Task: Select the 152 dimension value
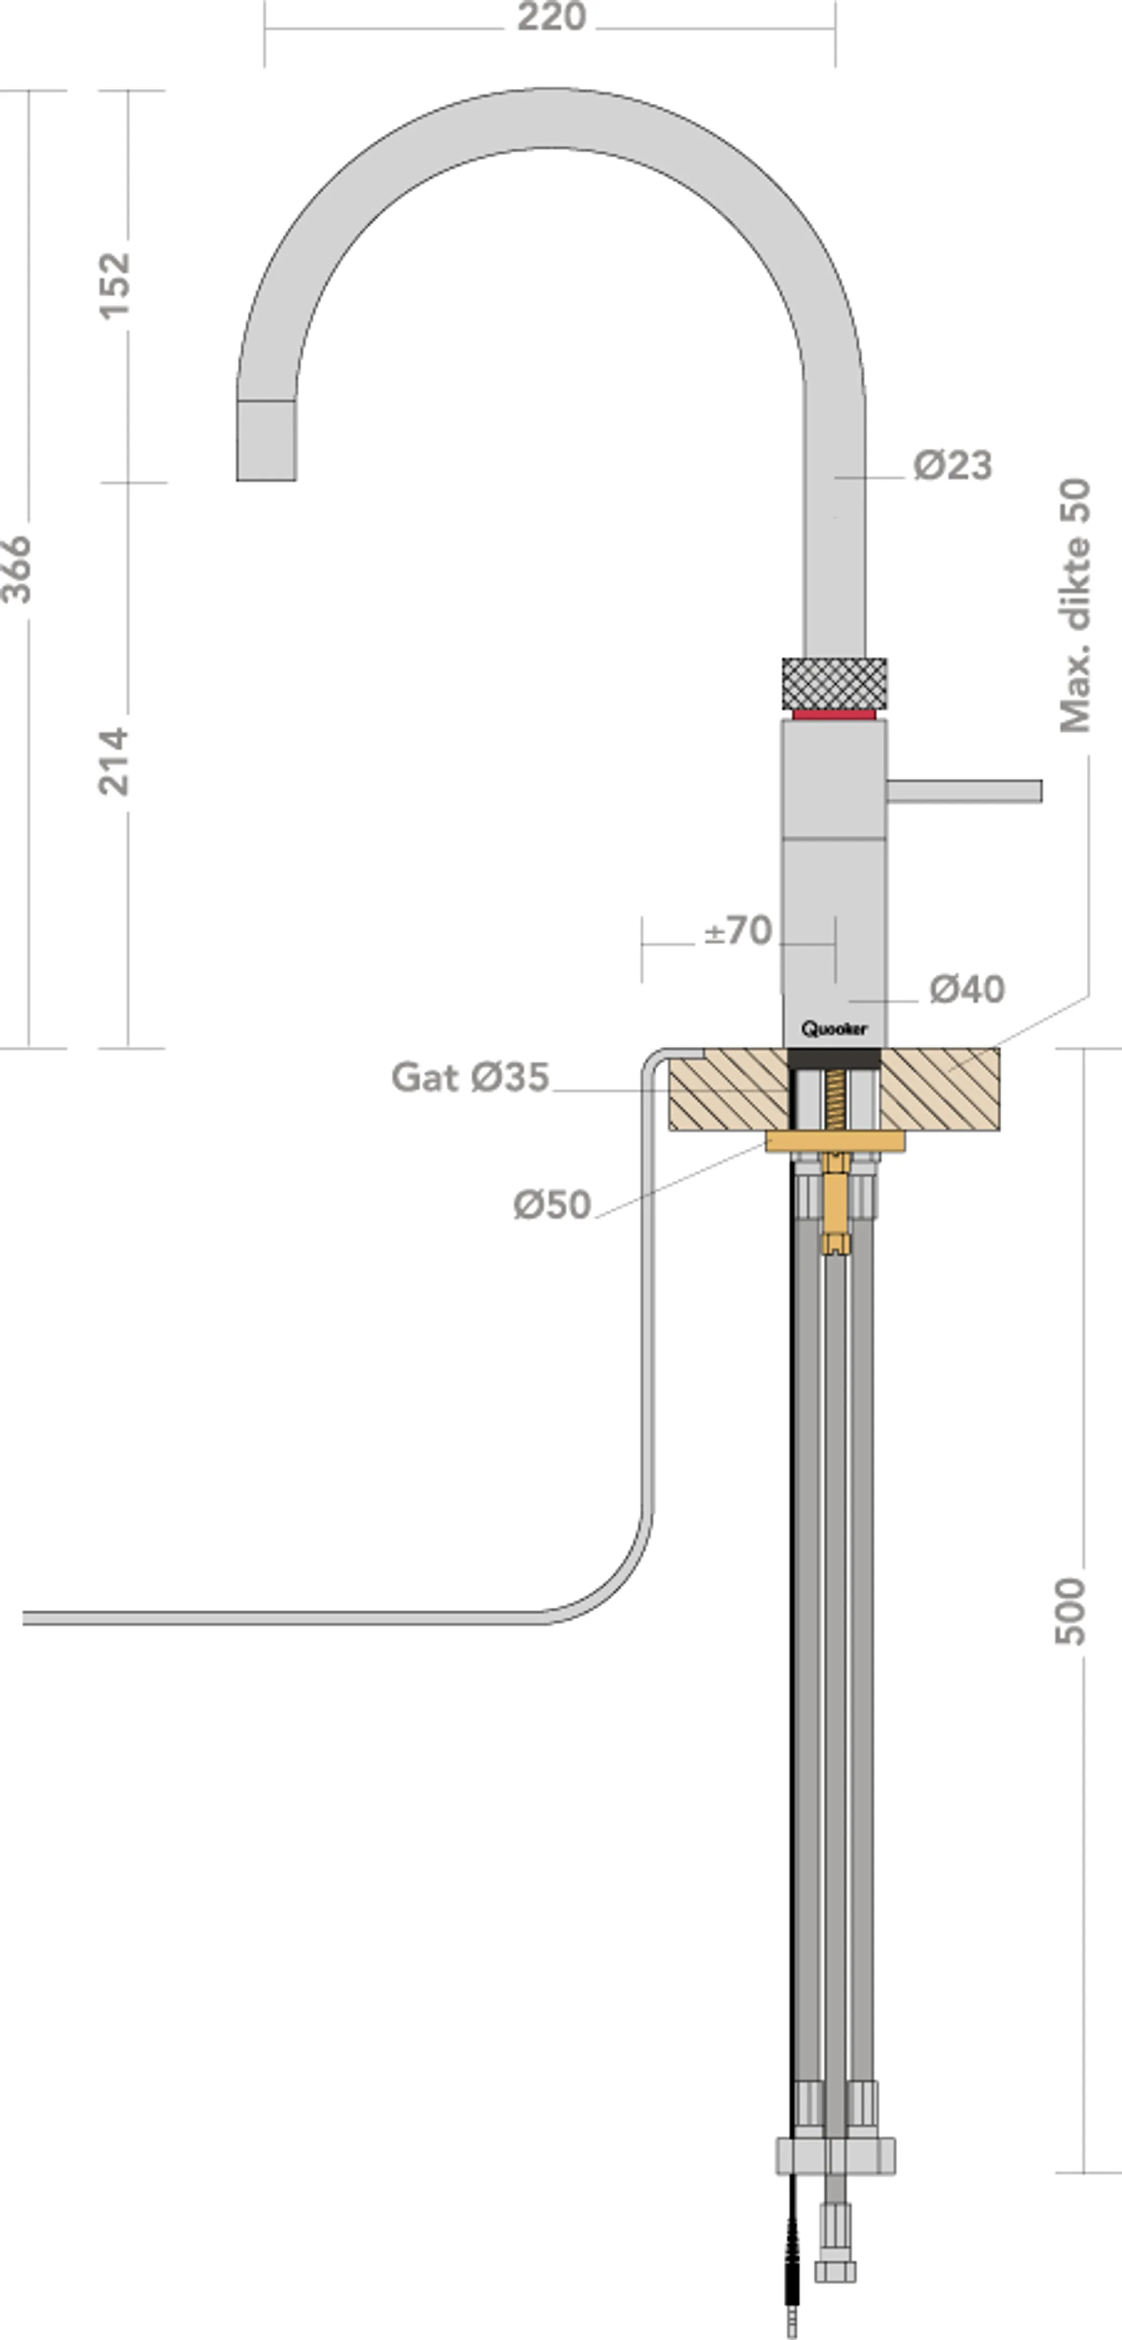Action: tap(114, 285)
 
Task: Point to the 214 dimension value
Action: tap(114, 761)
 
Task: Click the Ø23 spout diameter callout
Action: tap(952, 465)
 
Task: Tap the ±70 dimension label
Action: tap(738, 930)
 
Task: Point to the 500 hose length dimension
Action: tap(1070, 1610)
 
